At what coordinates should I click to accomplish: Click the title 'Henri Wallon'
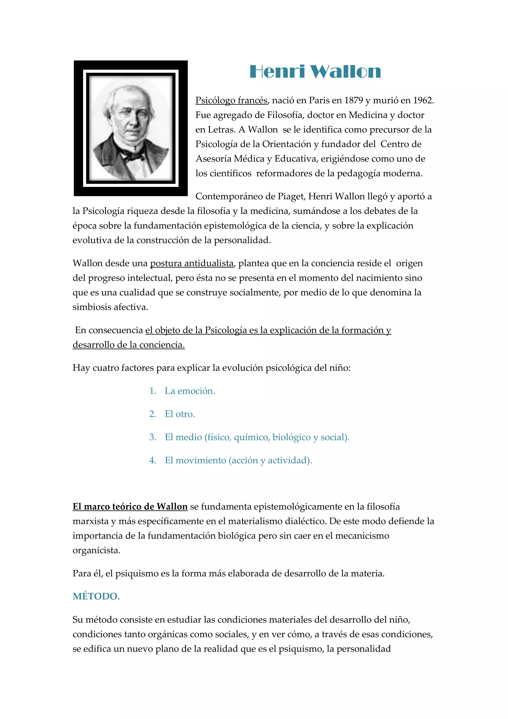point(315,72)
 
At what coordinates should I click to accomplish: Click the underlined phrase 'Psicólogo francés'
point(231,101)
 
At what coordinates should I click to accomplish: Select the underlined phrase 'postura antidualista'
point(192,263)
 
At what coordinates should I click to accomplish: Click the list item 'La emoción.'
point(190,391)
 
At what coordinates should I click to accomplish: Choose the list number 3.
point(152,437)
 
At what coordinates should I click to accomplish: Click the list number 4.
point(152,460)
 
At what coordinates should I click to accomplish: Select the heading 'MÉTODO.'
point(96,597)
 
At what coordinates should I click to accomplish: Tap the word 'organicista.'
point(96,550)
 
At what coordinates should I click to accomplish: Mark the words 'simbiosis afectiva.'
point(110,307)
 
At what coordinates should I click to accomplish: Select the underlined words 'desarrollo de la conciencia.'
point(128,345)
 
